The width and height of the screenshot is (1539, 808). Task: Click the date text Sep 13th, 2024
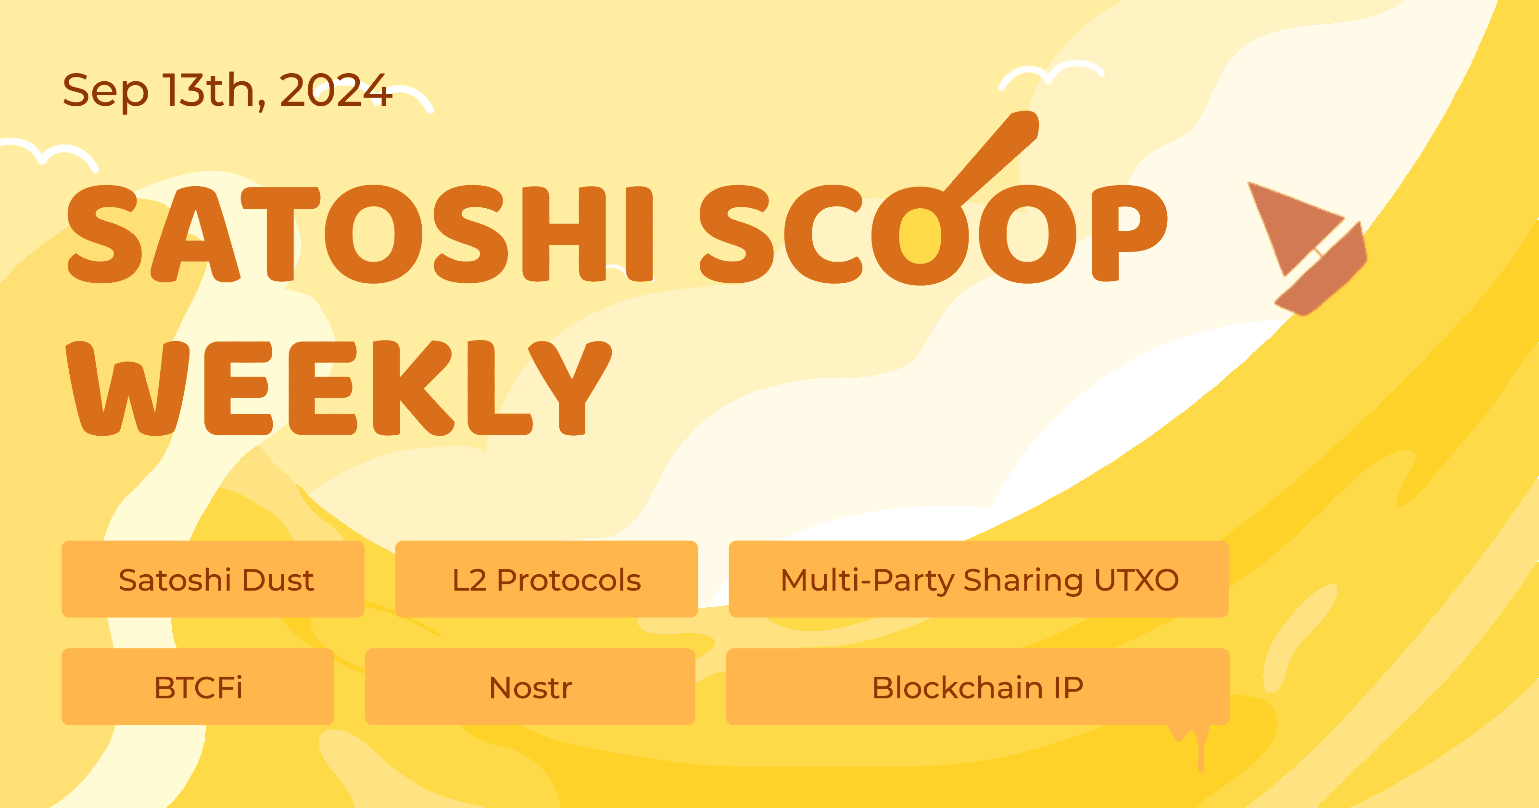pos(227,90)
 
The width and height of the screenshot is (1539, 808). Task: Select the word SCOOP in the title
pos(932,234)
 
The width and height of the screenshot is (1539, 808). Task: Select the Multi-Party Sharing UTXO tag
pos(979,579)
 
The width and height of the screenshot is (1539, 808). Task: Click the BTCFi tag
pos(198,687)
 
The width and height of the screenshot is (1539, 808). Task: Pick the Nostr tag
pos(530,687)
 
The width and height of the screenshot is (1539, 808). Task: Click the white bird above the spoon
pos(1051,74)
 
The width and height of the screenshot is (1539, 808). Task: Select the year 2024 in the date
pos(335,90)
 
